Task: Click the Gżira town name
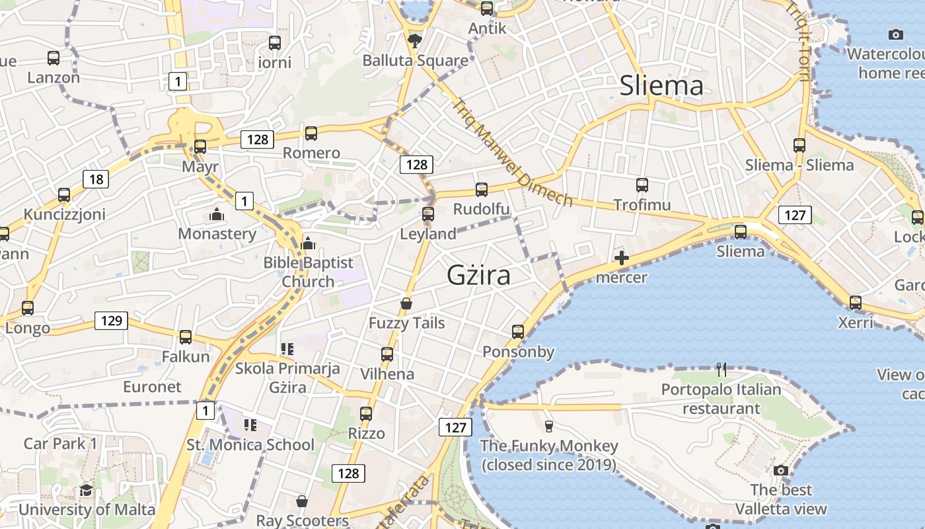pos(478,275)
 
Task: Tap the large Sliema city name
pos(661,86)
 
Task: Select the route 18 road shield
pos(96,179)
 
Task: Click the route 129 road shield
pos(111,321)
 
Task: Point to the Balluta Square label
pos(415,61)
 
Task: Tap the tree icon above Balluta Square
pos(415,42)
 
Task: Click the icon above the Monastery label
pos(216,214)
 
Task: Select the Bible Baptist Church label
pos(309,272)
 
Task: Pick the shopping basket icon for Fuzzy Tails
pos(406,304)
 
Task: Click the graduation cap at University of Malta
pos(86,490)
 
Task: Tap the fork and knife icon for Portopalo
pos(721,370)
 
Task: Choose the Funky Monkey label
pos(549,455)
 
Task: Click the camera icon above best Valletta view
pos(781,470)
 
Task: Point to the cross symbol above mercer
pos(621,258)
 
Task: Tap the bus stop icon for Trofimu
pos(642,185)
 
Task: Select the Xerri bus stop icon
pos(856,303)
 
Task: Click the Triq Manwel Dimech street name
pos(513,152)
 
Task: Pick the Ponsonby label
pos(518,351)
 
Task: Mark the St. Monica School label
pos(250,444)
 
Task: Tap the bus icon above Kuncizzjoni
pos(64,195)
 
